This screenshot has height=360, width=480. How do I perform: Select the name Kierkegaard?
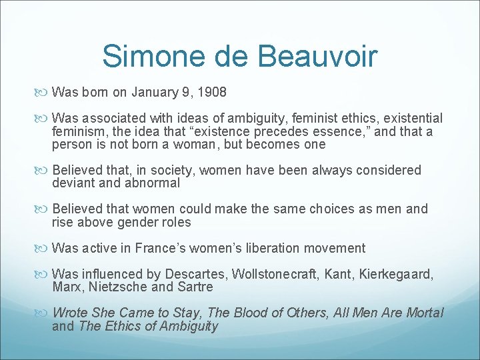click(x=397, y=274)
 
